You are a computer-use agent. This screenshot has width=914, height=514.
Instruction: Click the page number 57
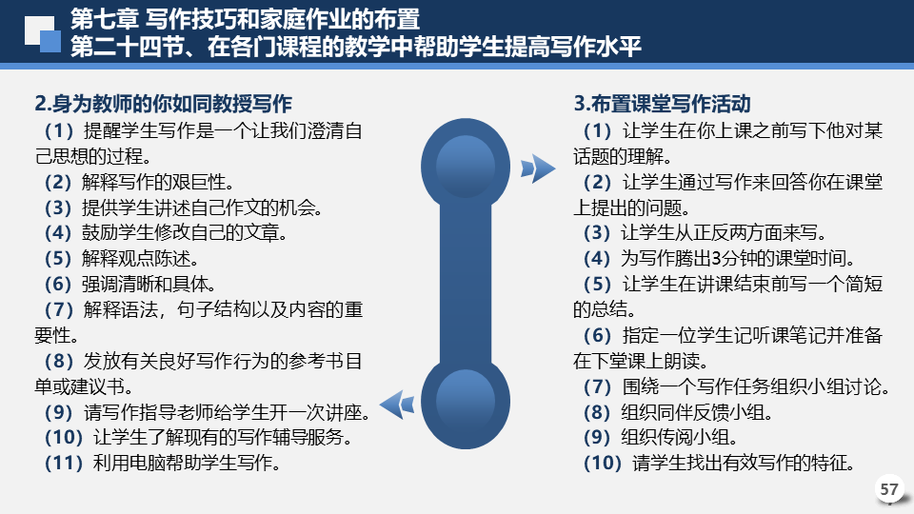tap(889, 489)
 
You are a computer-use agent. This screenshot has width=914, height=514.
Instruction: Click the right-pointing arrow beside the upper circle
tap(537, 168)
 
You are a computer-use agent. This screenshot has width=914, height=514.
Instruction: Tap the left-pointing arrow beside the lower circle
tap(397, 404)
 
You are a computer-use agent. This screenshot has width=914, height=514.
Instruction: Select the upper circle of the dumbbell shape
tap(466, 165)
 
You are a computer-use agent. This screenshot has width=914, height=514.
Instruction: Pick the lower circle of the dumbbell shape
tap(466, 402)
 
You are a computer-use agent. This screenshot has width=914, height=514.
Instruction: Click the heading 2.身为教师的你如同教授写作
tap(163, 104)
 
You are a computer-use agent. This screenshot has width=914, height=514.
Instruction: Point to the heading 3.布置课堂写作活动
tap(663, 104)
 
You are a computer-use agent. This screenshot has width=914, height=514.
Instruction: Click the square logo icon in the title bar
tap(43, 34)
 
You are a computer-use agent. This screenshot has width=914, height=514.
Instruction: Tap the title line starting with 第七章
tap(245, 19)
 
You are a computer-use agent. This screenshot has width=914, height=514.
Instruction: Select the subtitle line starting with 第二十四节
tap(355, 47)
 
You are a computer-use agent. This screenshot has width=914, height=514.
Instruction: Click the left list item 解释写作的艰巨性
tap(157, 183)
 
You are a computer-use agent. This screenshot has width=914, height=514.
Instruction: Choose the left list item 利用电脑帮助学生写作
tap(187, 464)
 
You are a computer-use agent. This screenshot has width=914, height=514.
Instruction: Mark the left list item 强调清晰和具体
tap(149, 285)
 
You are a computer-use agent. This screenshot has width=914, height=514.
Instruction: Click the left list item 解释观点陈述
tap(140, 259)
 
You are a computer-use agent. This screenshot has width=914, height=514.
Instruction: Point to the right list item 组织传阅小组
tap(679, 438)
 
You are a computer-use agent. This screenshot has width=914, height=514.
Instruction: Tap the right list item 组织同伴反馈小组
tap(697, 412)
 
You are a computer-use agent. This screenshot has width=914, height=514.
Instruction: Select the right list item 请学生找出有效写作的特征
tap(744, 464)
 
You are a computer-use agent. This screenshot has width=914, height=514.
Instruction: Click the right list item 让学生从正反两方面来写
tap(723, 233)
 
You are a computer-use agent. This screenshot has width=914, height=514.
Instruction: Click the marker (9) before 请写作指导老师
tap(58, 412)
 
